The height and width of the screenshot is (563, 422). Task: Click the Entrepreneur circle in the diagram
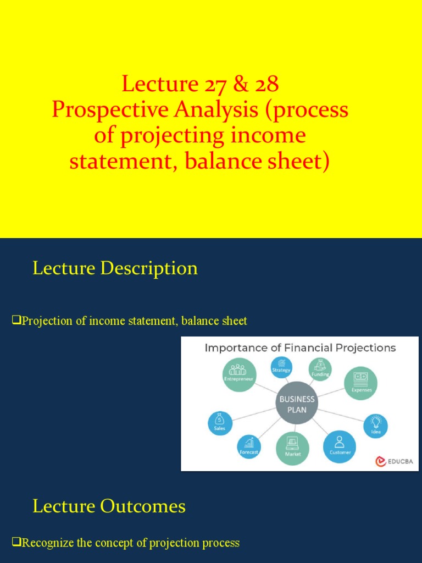point(239,374)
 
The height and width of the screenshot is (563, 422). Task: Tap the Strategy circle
point(281,367)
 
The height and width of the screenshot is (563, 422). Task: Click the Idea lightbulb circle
point(376,426)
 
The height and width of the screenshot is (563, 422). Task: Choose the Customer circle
point(340,446)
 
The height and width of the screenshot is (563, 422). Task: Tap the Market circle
point(292,448)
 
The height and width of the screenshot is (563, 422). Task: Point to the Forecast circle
point(249,446)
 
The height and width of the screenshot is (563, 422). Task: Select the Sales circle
point(220,423)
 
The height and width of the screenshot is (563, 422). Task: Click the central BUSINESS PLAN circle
point(297,404)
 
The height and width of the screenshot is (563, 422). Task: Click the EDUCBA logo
point(394,461)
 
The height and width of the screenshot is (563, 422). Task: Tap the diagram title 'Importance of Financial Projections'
point(300,347)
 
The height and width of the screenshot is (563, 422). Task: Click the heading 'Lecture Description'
point(115,268)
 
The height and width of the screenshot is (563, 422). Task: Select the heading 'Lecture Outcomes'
point(109,506)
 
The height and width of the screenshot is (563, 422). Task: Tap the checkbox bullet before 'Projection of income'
point(16,320)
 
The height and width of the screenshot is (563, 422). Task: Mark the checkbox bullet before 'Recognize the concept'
point(16,542)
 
